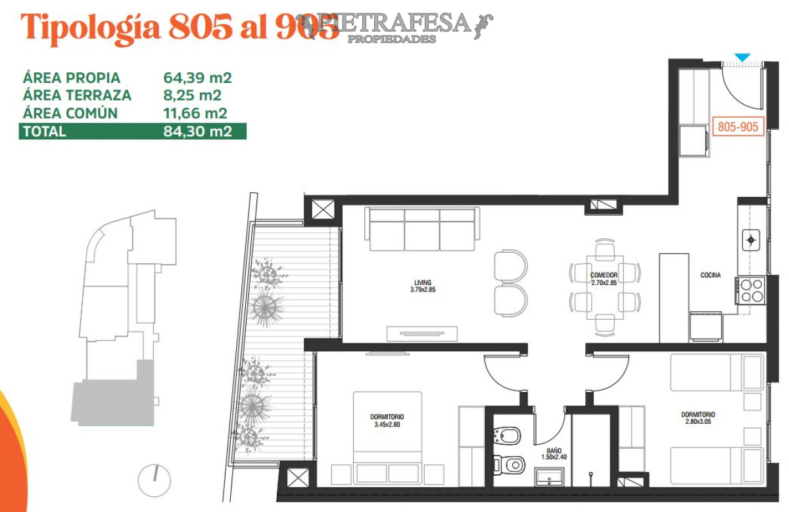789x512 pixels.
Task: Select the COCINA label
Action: coord(710,276)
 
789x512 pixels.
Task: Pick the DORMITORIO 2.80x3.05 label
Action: coord(698,418)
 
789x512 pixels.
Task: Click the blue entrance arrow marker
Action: coord(742,58)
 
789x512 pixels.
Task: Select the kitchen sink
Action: coord(751,240)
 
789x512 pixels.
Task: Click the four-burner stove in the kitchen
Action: coord(752,290)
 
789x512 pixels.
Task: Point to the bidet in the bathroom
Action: coord(508,435)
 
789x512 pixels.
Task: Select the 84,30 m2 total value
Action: coord(197,131)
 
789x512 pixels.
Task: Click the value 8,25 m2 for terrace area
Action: coord(191,95)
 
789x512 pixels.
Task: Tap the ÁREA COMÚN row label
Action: coord(70,113)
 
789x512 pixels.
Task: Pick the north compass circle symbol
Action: coord(154,480)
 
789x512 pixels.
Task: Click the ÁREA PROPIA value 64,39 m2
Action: coord(197,78)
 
